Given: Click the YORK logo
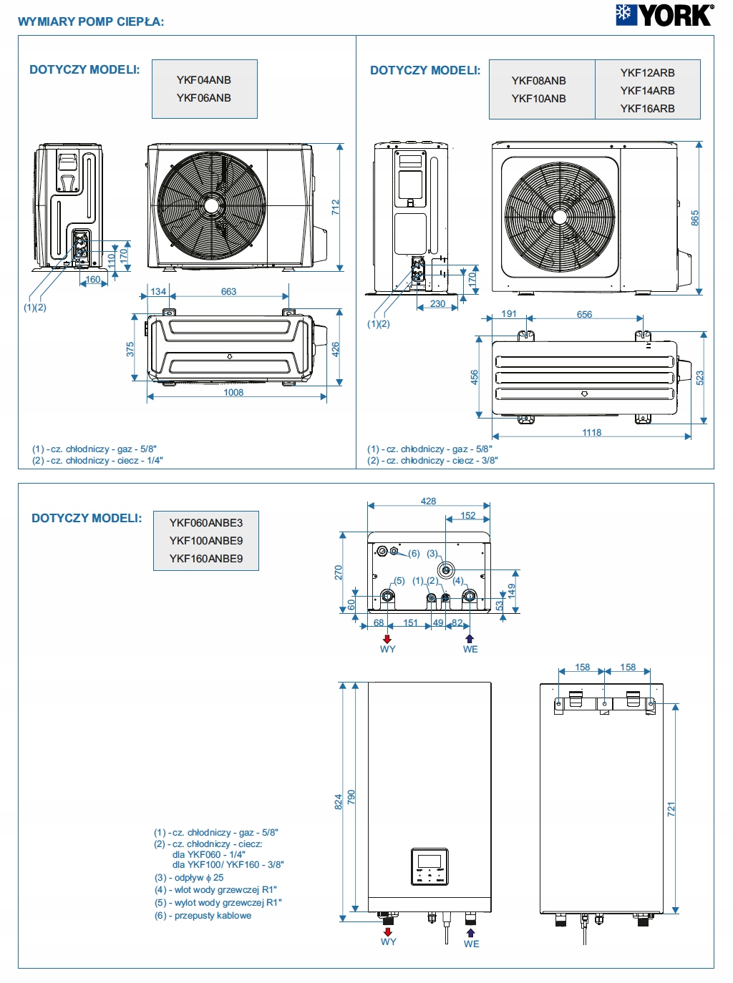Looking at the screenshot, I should [664, 15].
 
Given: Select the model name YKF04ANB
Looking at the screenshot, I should [204, 80].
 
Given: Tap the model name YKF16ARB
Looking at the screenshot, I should [647, 109].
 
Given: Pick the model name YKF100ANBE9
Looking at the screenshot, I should [206, 541].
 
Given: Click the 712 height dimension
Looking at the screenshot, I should [336, 207].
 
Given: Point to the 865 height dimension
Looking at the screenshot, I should [694, 218].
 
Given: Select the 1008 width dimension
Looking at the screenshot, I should [233, 393].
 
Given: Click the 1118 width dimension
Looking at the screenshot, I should [591, 433].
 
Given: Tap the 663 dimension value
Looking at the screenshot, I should [228, 292].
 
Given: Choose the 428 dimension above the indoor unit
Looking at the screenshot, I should [428, 502].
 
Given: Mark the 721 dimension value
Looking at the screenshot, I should [671, 809].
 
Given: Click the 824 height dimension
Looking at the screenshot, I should [338, 802].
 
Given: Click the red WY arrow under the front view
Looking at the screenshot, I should [388, 931].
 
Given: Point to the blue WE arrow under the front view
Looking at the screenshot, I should [470, 932].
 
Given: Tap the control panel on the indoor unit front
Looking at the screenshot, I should [429, 866].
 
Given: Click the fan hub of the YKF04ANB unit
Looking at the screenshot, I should [211, 206].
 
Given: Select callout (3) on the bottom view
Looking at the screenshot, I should [432, 554].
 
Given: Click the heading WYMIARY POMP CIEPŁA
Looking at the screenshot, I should [91, 21].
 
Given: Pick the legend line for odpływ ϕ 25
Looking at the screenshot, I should [189, 878].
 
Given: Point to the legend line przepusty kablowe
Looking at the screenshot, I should [203, 916].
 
